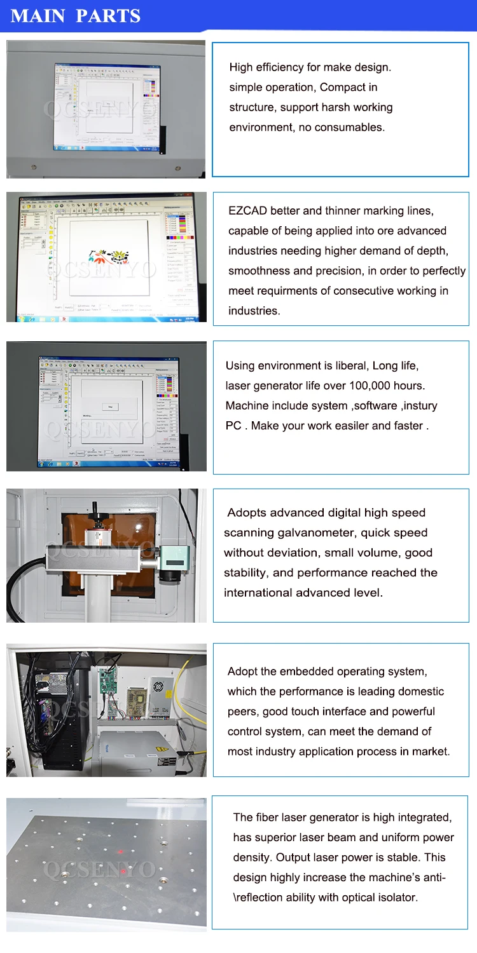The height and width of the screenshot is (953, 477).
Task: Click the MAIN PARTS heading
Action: pyautogui.click(x=76, y=16)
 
